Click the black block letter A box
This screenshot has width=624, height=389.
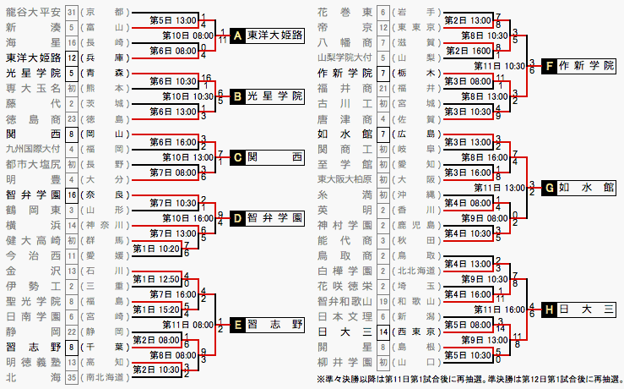click(x=237, y=36)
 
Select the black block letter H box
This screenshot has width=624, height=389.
click(x=550, y=310)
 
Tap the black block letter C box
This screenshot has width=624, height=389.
click(x=237, y=156)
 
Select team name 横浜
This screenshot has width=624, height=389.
click(x=33, y=225)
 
